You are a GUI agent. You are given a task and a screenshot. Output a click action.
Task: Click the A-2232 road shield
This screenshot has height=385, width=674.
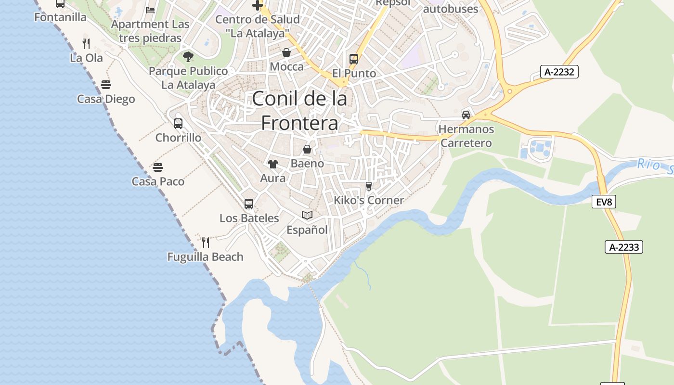click(x=559, y=72)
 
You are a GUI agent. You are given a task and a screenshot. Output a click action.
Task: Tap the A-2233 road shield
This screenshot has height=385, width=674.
click(x=624, y=247)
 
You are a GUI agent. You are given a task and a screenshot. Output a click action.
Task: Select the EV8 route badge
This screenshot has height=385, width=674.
click(x=604, y=202)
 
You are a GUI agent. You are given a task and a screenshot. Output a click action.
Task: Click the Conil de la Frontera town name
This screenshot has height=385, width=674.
click(x=299, y=111)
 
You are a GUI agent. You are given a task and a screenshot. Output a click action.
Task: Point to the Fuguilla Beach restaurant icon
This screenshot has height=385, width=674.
click(x=206, y=242)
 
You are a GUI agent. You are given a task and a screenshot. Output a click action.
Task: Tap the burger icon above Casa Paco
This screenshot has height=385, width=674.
click(x=158, y=167)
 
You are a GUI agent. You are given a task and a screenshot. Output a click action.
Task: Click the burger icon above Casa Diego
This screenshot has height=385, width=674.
click(x=106, y=85)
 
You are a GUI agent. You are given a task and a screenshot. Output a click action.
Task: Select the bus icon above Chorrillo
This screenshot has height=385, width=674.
click(x=178, y=124)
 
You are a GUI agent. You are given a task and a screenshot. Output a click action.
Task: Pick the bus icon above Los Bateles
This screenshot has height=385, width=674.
click(x=249, y=204)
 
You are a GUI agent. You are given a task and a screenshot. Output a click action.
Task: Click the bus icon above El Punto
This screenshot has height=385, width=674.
click(x=354, y=59)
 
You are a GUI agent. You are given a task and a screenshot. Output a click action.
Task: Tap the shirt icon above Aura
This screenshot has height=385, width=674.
click(x=273, y=164)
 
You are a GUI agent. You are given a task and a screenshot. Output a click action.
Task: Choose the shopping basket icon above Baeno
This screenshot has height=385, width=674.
click(x=307, y=149)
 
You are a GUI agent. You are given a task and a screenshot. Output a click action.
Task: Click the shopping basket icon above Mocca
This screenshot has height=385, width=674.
click(x=286, y=52)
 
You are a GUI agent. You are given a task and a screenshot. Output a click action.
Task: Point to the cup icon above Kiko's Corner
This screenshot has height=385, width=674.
click(x=369, y=186)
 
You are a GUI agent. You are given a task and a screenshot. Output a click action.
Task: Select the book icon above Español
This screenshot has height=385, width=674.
click(x=307, y=215)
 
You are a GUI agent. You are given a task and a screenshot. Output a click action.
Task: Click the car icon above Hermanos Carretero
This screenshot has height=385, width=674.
click(x=466, y=115)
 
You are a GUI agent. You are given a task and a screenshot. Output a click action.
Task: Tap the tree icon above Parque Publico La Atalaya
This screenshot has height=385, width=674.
click(x=188, y=57)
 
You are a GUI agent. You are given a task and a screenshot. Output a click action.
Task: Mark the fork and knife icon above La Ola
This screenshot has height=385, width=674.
click(x=86, y=44)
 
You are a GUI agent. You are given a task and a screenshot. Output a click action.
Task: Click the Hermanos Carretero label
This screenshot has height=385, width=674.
click(x=466, y=136)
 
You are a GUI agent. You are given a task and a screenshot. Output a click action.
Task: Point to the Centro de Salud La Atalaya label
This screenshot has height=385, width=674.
click(x=258, y=26)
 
